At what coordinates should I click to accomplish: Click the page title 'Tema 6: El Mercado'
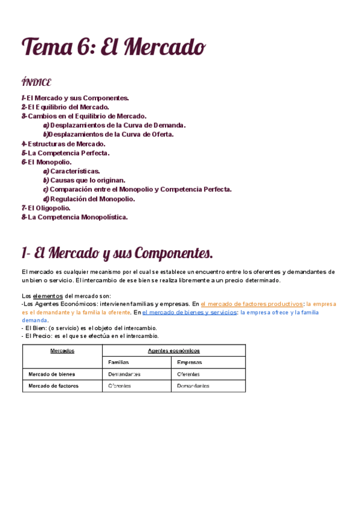point(113,46)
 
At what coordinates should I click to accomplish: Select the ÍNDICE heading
point(36,82)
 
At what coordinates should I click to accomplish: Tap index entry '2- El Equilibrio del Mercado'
point(65,107)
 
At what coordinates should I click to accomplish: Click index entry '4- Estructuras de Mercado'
point(63,143)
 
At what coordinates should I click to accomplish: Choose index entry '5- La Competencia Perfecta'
point(65,153)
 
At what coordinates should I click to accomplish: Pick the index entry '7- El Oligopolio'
point(46,208)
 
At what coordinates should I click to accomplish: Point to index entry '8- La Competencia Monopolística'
point(74,217)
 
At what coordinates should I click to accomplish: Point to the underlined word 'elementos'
point(47,296)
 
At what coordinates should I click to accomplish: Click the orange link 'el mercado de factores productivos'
point(252,304)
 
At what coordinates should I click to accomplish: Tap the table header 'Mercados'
point(62,351)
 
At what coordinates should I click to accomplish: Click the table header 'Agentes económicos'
point(173,351)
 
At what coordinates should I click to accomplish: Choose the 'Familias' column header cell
point(118,363)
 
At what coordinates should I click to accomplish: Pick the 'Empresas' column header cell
point(190,363)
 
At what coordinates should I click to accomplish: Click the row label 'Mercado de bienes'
point(52,374)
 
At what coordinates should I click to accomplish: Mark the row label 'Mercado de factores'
point(53,386)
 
